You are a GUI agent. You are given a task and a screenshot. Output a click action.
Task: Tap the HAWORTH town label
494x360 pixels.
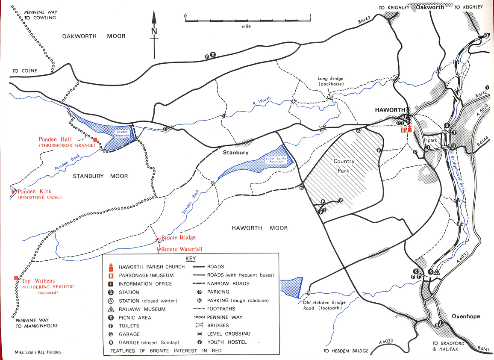(389, 110)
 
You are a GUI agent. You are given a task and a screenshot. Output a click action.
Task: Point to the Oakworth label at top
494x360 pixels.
(430, 7)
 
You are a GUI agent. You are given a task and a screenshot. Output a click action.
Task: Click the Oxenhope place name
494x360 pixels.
(466, 316)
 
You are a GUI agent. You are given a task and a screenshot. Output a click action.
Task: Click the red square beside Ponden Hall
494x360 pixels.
(95, 139)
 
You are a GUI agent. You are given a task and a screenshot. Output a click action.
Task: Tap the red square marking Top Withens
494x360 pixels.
(16, 278)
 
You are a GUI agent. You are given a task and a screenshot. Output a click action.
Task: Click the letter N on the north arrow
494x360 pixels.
(154, 31)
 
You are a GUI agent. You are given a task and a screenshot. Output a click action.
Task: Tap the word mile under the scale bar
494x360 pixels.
(246, 26)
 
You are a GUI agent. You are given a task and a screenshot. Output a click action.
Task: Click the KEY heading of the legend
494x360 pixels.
(191, 259)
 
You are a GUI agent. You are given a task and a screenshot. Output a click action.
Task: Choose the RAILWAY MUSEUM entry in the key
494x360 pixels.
(141, 309)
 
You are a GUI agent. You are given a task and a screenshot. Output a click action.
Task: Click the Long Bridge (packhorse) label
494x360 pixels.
(330, 81)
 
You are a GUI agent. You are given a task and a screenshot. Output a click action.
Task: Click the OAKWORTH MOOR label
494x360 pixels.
(94, 36)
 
